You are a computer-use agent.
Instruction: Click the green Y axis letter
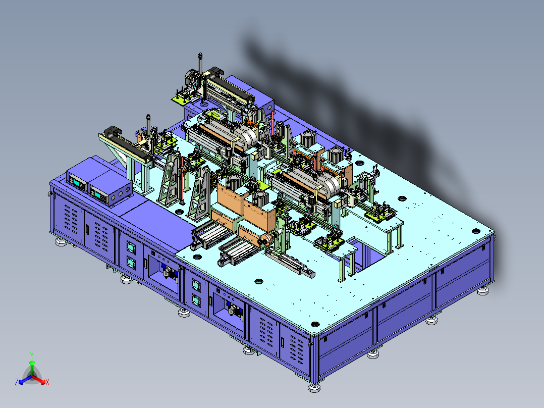pos(32,355)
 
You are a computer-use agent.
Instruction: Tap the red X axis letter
pos(47,382)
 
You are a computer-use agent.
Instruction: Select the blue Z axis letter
pos(17,382)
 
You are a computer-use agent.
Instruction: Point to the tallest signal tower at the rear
pos(200,66)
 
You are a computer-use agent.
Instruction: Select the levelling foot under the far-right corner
pos(482,291)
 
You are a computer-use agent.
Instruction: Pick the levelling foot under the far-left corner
pos(61,242)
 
